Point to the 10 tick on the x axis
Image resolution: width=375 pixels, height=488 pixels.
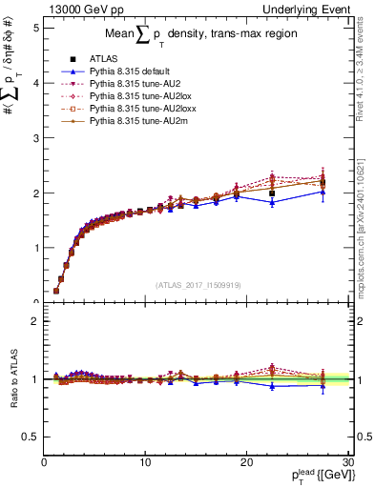[145, 462]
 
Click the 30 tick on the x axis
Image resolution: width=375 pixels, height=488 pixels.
[347, 462]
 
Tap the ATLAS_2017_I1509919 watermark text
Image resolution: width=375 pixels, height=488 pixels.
[198, 283]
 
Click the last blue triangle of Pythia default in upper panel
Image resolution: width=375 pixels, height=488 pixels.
[323, 192]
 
